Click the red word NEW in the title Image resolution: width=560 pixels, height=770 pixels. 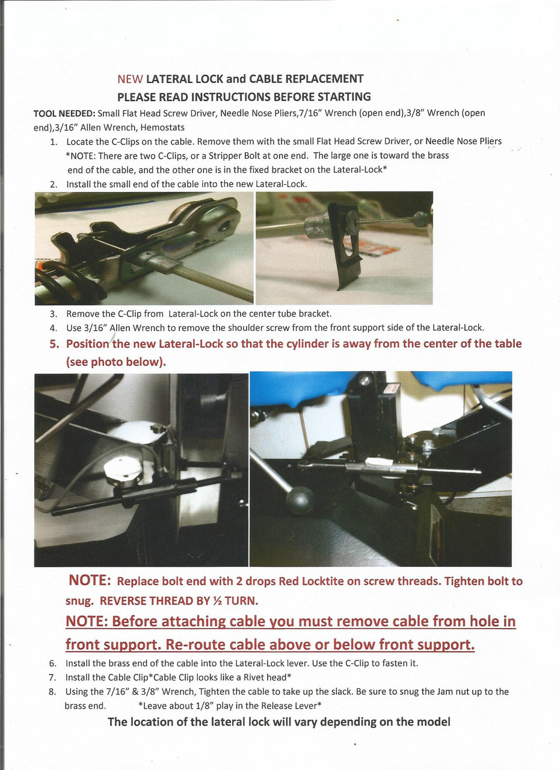[x=130, y=79]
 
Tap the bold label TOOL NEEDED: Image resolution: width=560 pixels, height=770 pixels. [x=63, y=113]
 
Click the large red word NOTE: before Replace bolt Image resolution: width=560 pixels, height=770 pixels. [x=90, y=581]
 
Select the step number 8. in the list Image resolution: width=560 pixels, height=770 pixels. [x=53, y=692]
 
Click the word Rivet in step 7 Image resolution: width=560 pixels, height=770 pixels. [x=247, y=677]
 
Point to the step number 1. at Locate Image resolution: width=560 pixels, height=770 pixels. [x=54, y=142]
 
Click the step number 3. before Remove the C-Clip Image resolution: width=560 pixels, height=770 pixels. [x=54, y=313]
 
